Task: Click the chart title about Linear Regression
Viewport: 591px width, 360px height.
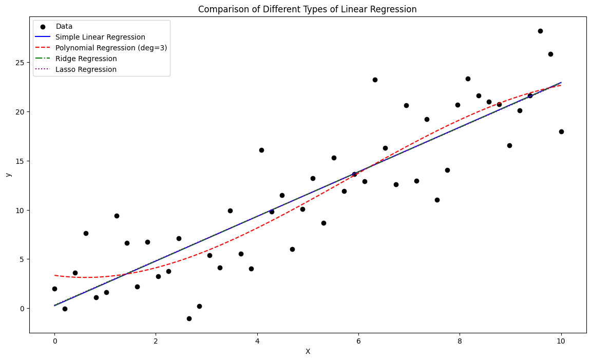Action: point(307,9)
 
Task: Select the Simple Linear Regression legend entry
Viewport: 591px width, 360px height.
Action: point(100,37)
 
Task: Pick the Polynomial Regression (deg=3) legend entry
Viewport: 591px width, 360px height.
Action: point(111,48)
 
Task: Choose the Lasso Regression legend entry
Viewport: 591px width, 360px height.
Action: point(86,69)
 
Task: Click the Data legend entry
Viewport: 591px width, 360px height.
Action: point(65,26)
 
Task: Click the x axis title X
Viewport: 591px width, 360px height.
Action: point(308,352)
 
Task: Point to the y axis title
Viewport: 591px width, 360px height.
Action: point(8,175)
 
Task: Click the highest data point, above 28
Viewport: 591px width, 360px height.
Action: point(540,31)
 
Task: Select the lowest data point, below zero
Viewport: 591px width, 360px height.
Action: point(189,318)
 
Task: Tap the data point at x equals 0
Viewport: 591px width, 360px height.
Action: point(54,289)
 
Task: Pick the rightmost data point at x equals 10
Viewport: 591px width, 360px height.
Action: point(561,131)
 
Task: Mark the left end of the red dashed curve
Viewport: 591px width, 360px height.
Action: point(55,275)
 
